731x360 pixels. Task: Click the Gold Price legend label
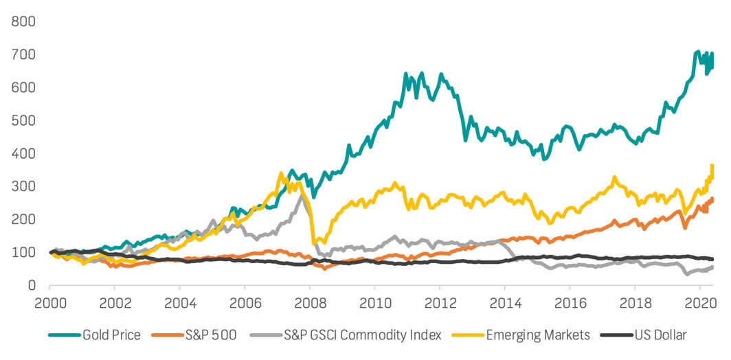click(x=111, y=335)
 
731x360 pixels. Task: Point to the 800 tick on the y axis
click(x=23, y=21)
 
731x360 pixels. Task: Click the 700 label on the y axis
click(x=23, y=54)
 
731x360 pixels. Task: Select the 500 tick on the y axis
click(x=23, y=120)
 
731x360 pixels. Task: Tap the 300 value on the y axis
click(x=23, y=186)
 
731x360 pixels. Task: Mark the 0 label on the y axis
click(x=32, y=285)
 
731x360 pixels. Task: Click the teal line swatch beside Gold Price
click(x=63, y=335)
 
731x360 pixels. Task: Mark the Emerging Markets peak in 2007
click(x=281, y=173)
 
